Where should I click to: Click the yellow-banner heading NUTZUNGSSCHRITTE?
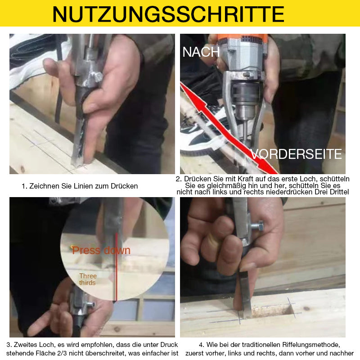point(168,14)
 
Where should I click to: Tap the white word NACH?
point(201,52)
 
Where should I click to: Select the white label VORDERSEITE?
point(296,154)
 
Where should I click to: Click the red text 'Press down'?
point(101,250)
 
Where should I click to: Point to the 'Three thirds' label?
point(88,279)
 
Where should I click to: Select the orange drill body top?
point(242,38)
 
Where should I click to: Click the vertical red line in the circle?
point(116,266)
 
